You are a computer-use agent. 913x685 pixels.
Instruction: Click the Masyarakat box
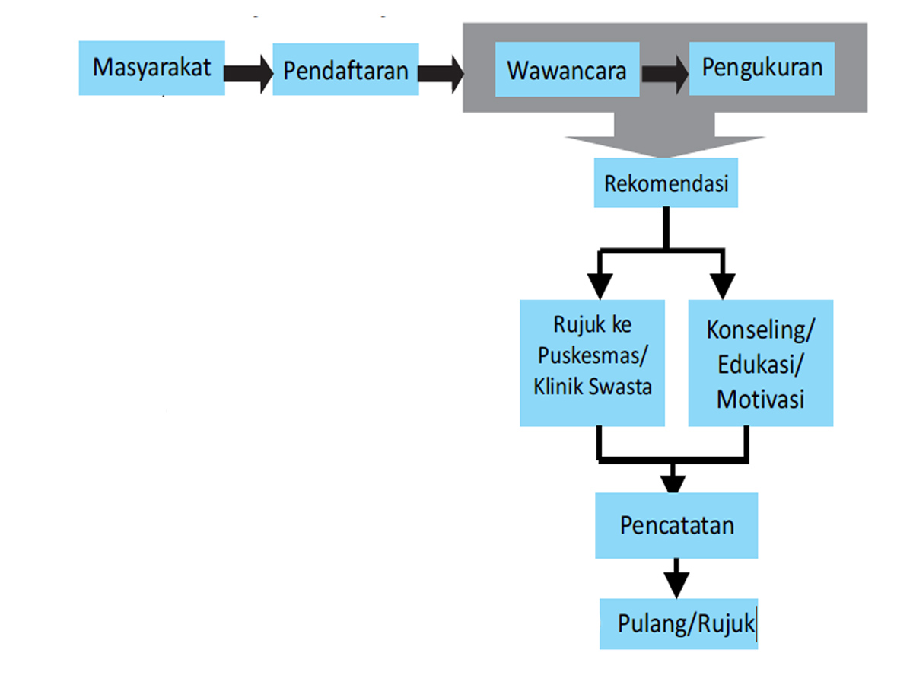[151, 68]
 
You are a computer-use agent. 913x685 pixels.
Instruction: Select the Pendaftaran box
[345, 71]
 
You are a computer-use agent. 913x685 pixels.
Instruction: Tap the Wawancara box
[567, 71]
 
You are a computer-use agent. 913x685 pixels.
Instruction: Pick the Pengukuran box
[762, 68]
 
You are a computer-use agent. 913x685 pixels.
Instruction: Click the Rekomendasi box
[666, 184]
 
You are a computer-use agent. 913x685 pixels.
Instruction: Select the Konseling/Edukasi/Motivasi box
[760, 362]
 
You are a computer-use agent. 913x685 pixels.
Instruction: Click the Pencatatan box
[676, 525]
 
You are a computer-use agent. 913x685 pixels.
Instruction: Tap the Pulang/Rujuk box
[679, 624]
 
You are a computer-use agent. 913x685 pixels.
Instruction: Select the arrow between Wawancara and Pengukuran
[664, 73]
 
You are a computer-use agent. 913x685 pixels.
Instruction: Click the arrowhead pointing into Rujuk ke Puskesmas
[600, 285]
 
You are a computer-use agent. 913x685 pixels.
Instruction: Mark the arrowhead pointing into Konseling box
[722, 285]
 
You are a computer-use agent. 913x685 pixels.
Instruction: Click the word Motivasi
[760, 399]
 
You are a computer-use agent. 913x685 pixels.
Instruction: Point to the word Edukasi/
[760, 365]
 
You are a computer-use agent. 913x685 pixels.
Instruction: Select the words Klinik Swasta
[593, 386]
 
